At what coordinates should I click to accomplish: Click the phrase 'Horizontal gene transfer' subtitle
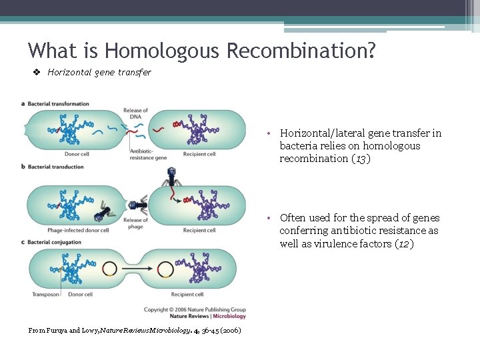[x=99, y=72]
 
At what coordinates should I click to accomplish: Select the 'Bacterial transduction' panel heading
[x=56, y=167]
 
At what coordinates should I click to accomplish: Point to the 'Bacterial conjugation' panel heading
[x=55, y=241]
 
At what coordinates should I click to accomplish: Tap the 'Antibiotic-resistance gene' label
[x=148, y=155]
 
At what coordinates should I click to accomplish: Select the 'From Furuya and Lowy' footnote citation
[x=134, y=331]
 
